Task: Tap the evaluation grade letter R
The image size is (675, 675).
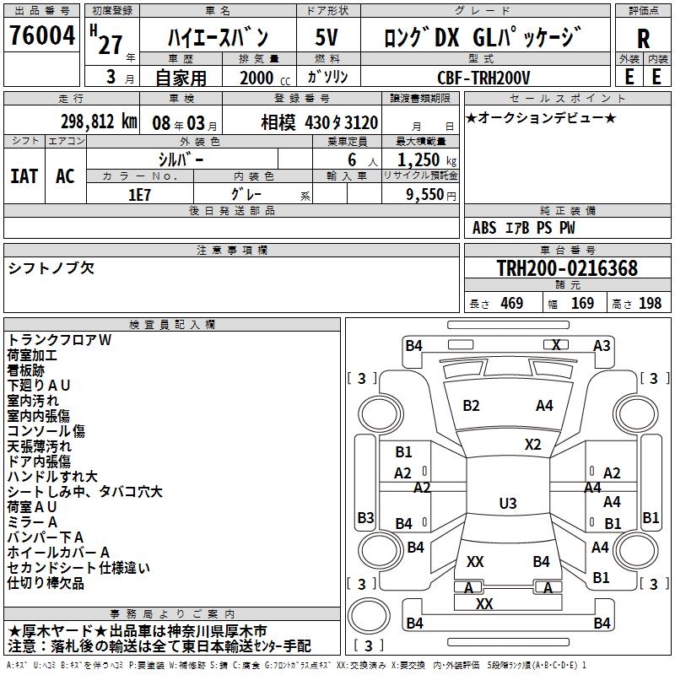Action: coord(643,39)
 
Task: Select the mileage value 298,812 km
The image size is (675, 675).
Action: coord(99,121)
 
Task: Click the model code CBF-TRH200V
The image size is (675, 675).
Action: coord(483,78)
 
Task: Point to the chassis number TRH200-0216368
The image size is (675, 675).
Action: coord(566,268)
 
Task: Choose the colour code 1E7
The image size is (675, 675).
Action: coord(139,193)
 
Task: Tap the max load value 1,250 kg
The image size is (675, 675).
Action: coord(420,159)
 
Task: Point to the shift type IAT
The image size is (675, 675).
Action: coord(24,175)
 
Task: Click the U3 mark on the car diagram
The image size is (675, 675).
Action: coord(507,504)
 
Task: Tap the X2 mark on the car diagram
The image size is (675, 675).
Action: coord(532,444)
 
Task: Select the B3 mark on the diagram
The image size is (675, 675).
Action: coord(365,517)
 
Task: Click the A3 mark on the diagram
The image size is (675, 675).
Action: coord(602,345)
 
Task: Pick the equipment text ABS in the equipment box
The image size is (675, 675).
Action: coord(484,228)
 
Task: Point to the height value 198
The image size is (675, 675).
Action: coord(651,303)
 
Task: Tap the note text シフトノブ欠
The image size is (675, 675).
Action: coord(51,268)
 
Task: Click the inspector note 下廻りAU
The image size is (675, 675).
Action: coord(39,386)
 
